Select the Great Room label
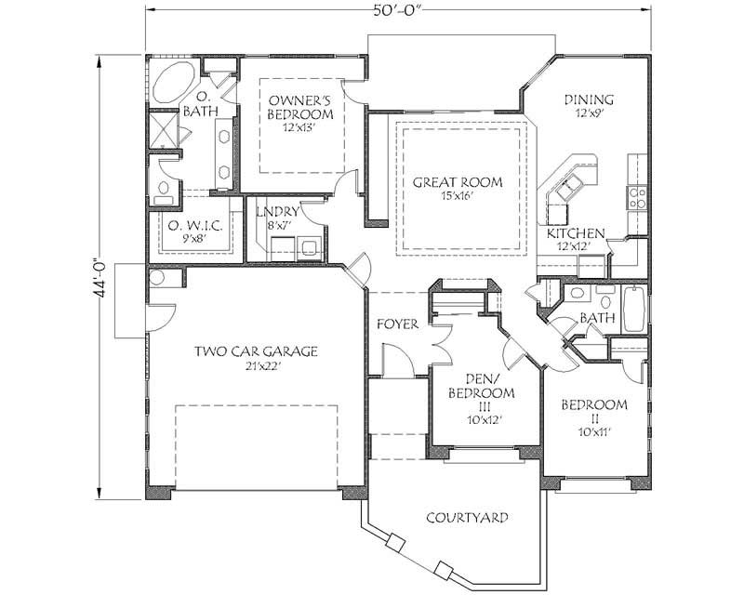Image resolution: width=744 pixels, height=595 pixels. pyautogui.click(x=457, y=182)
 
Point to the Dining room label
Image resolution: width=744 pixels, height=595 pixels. pyautogui.click(x=589, y=100)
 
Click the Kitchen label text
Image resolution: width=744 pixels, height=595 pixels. pyautogui.click(x=576, y=233)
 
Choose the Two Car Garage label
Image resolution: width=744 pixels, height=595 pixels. pyautogui.click(x=256, y=351)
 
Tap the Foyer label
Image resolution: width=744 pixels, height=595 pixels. pyautogui.click(x=397, y=324)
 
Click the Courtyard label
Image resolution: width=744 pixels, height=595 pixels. pyautogui.click(x=467, y=518)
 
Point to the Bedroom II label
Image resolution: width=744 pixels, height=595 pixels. pyautogui.click(x=593, y=405)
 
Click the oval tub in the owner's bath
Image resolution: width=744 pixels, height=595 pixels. pyautogui.click(x=173, y=85)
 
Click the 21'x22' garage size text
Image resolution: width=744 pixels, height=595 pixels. pyautogui.click(x=256, y=366)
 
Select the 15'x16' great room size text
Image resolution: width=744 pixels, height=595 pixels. pyautogui.click(x=457, y=196)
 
